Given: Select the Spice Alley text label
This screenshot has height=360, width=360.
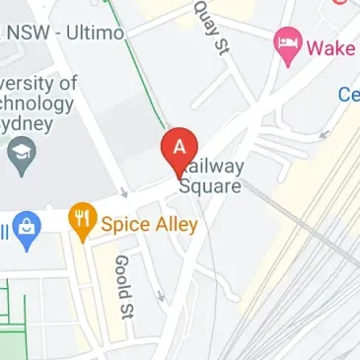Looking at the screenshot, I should tap(149, 224).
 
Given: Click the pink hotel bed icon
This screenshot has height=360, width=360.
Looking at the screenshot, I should tap(287, 45).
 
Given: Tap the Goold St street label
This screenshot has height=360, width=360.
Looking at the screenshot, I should tap(123, 287).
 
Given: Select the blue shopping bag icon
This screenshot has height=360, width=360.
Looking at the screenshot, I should tap(27, 225).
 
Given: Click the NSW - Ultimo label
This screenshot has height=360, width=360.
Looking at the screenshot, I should tap(65, 33).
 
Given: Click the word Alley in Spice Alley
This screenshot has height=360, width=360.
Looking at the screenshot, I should tap(174, 224).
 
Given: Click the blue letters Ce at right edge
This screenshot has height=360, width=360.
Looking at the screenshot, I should tap(348, 95).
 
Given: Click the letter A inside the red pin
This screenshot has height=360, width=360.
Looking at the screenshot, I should tap(180, 146).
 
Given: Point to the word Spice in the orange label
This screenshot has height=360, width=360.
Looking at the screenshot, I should tap(123, 224).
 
